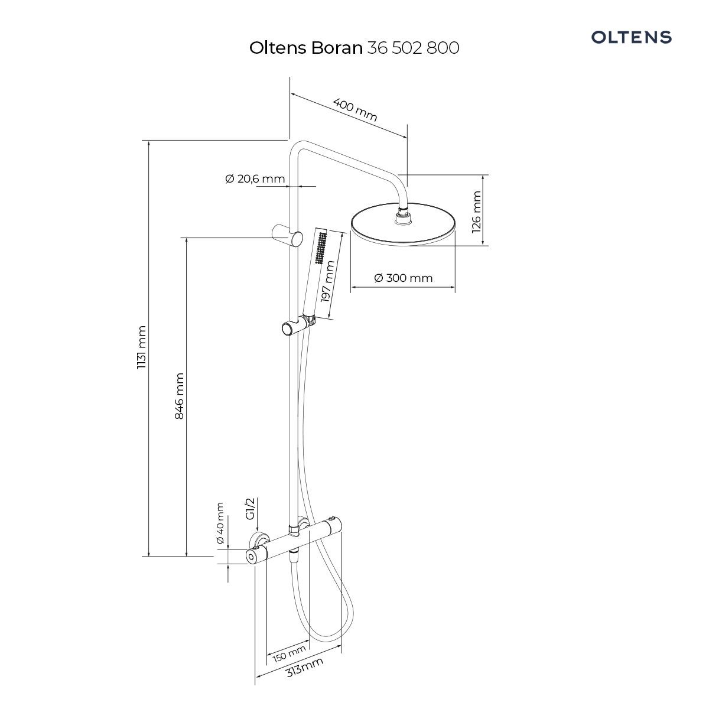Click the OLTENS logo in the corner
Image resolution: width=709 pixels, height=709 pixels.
(631, 37)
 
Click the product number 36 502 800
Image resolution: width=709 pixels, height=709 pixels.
(413, 48)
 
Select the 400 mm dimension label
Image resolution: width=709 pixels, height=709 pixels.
(355, 110)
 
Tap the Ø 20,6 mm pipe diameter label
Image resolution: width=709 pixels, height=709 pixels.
(255, 179)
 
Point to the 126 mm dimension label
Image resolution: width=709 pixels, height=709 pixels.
(476, 212)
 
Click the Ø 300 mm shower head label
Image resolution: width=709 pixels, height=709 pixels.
(404, 278)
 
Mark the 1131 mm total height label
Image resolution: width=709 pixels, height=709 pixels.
(142, 347)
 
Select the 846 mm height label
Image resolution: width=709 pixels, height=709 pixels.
(179, 396)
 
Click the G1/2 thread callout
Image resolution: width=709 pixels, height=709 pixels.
(250, 509)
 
